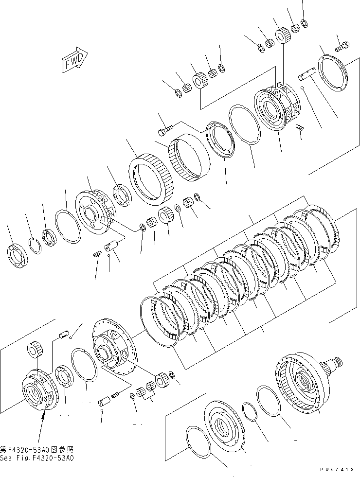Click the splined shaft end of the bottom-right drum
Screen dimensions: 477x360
[x=335, y=362]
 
